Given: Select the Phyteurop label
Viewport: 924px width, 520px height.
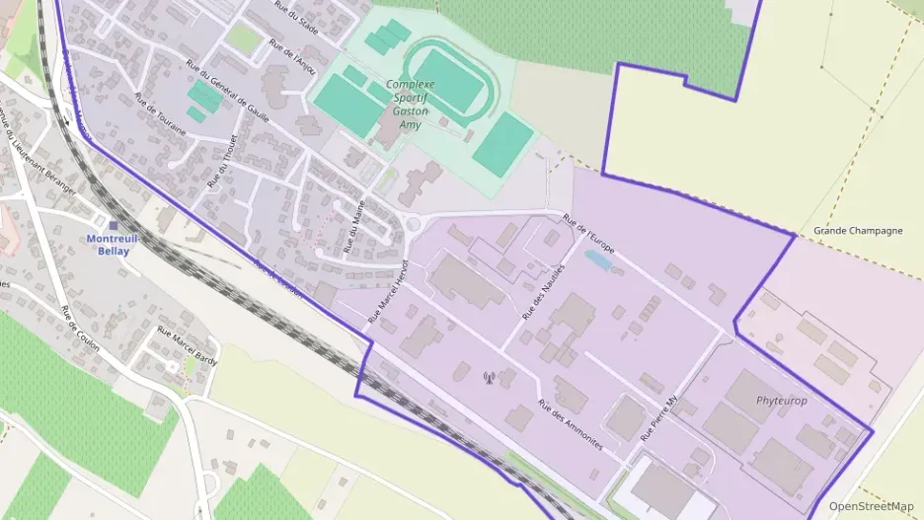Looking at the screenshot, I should tap(781, 401).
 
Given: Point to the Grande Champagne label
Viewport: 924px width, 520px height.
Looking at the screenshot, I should tap(858, 231).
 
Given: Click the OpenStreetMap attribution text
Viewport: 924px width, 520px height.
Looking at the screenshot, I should tap(871, 506).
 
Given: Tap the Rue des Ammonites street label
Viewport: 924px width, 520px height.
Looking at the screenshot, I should tap(570, 424).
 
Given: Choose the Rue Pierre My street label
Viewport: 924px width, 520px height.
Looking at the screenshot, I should tap(660, 418).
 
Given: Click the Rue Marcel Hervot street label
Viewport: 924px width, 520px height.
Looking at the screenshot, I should tap(387, 292).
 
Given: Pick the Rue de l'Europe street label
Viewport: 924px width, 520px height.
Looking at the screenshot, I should tap(588, 234).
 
